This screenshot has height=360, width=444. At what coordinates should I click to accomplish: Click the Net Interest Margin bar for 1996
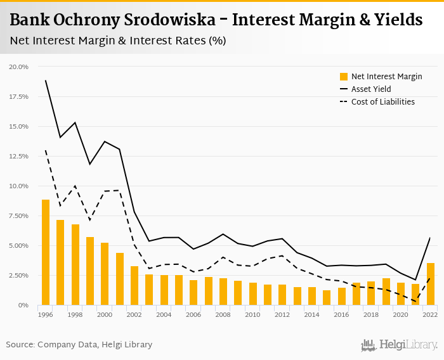coord(46,252)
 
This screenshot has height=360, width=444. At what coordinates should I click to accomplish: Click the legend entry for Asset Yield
coord(371,89)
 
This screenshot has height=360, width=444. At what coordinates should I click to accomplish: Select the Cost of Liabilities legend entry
coord(382,102)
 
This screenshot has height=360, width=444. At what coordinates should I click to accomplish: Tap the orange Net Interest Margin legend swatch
coord(344,77)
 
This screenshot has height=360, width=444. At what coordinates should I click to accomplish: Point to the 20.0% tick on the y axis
coord(19,67)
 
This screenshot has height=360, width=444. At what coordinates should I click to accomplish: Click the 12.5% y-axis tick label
coord(19,157)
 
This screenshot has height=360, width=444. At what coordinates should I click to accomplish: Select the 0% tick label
coord(24,305)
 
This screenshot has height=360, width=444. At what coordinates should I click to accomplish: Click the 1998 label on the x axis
coord(75,315)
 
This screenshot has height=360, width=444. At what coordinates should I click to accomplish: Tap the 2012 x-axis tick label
coord(282,315)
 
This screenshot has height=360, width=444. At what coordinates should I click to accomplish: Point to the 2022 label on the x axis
coord(431,315)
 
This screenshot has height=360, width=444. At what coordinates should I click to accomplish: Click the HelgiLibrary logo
coord(400,345)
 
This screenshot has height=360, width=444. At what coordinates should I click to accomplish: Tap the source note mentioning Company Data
coord(79,345)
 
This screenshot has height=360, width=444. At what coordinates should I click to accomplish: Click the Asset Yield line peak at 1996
coord(46,80)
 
